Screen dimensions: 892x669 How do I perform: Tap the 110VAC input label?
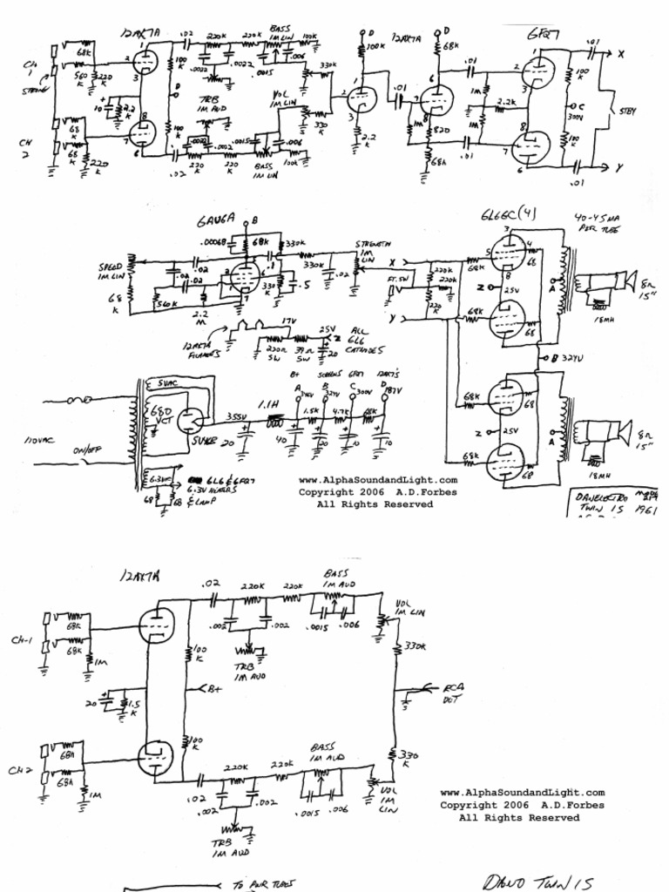(38, 442)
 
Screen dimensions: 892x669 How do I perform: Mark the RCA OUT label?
(454, 693)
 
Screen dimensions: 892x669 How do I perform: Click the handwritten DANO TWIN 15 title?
(537, 881)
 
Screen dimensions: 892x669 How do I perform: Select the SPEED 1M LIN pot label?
(111, 271)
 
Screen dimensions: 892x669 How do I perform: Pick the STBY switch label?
(627, 111)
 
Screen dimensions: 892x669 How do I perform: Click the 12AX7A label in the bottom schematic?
(143, 576)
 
